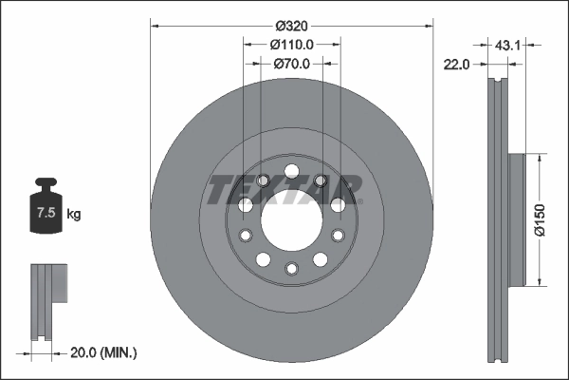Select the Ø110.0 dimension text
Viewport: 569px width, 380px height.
coord(291,45)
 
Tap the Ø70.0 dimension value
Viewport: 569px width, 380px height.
coord(291,65)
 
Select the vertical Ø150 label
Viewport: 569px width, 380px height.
coord(538,218)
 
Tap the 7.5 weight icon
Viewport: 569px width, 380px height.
coord(45,212)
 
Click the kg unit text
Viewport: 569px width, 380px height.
coord(74,215)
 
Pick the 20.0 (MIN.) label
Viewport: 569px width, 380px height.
coord(105,352)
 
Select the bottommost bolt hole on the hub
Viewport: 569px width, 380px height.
coord(291,268)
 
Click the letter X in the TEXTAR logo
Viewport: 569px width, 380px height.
coord(270,191)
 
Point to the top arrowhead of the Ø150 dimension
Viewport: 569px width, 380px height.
coord(541,158)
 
